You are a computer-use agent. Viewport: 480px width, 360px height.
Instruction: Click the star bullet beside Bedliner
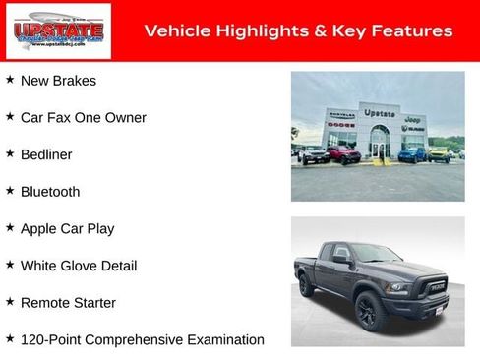tap(10, 154)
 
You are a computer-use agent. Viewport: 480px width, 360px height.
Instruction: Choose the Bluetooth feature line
tap(50, 192)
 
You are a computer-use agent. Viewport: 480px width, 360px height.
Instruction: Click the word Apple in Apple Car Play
tap(39, 229)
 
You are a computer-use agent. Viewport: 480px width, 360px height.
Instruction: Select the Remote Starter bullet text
tap(68, 303)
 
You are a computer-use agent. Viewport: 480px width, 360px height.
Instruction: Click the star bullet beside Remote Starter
tap(10, 302)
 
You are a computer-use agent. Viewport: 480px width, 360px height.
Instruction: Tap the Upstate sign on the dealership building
tap(379, 113)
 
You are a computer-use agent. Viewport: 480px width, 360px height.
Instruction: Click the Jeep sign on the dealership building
tap(413, 118)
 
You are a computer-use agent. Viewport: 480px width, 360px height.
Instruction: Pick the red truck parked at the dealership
tap(342, 154)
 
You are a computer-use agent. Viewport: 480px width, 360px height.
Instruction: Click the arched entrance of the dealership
tap(379, 145)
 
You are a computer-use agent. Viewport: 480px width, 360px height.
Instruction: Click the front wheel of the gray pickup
tap(369, 311)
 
